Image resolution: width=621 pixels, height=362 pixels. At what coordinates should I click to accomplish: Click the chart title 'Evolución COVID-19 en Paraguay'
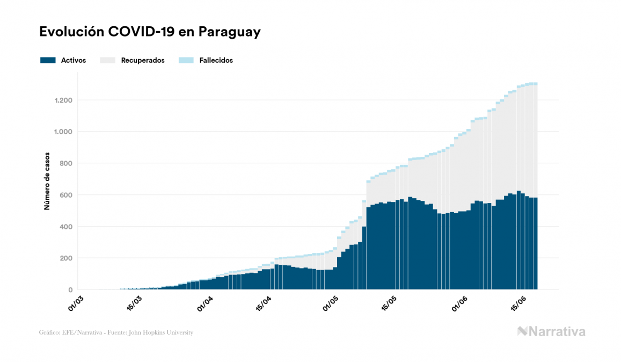point(150,32)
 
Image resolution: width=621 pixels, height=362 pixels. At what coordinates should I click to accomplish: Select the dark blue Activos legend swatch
point(48,60)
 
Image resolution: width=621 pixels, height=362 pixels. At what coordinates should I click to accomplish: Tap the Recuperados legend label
point(143,60)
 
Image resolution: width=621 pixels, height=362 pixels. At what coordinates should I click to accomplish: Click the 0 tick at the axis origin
point(70,290)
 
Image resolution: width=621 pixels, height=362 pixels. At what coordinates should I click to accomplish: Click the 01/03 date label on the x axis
point(75,303)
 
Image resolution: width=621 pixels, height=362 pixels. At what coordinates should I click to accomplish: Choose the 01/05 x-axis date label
point(331,303)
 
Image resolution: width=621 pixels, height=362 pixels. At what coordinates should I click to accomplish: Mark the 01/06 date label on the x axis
point(461,303)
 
